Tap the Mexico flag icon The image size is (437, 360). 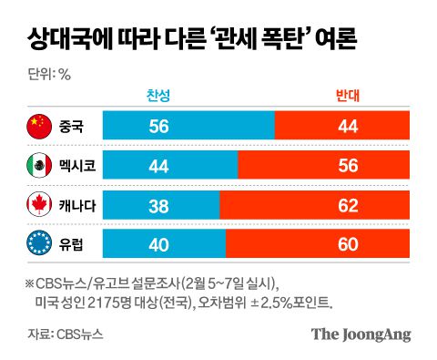click(x=38, y=166)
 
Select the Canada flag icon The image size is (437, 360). click(x=38, y=205)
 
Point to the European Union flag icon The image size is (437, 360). click(x=38, y=243)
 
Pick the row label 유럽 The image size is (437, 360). click(x=70, y=243)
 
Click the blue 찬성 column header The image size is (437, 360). click(x=158, y=96)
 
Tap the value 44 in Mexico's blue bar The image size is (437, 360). click(x=158, y=166)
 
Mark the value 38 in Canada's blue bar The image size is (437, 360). click(x=158, y=205)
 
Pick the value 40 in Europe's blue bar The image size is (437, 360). click(x=158, y=243)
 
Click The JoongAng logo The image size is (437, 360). click(x=361, y=334)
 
